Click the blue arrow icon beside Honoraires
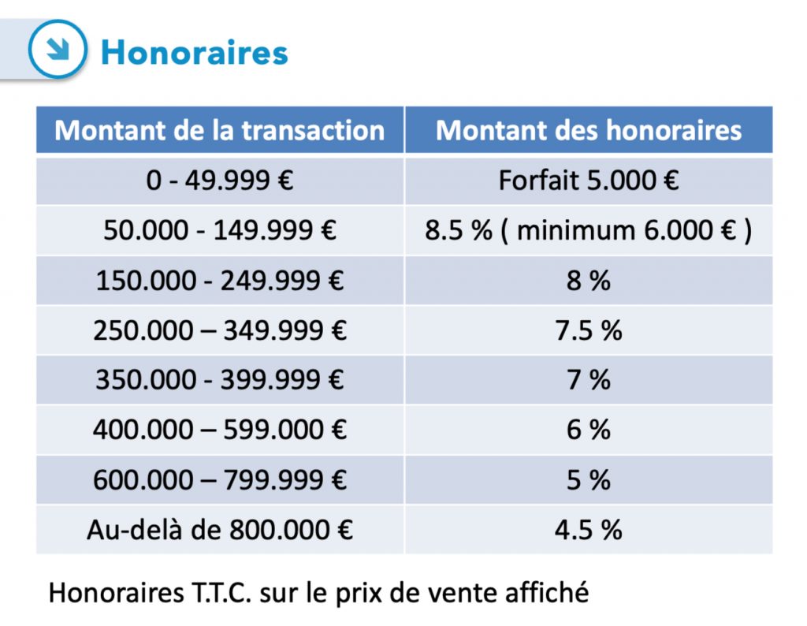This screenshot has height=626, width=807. coord(57,49)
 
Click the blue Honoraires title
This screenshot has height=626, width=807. coord(195,53)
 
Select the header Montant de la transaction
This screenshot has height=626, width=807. coord(220,130)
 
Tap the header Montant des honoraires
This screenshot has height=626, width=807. coord(589,130)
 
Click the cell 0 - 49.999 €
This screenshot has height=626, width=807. coord(220,181)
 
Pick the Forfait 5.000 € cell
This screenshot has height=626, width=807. coord(589,181)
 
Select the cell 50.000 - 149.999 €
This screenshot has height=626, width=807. coord(220,231)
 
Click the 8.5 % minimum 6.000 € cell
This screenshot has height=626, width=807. coord(589,231)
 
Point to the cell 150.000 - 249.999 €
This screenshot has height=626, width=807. coord(220,281)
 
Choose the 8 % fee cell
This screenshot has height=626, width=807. coord(589,281)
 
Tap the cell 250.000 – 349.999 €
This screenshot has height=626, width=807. coord(220,330)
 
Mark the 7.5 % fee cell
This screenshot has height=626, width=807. coord(589,330)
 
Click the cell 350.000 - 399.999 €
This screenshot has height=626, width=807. coord(220,380)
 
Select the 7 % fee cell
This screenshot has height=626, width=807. coord(589,380)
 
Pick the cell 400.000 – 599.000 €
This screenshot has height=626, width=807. coord(220,430)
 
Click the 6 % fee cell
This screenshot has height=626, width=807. coord(589,430)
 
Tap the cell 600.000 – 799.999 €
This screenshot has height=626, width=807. coord(220,479)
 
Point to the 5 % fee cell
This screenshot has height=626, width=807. coord(589,479)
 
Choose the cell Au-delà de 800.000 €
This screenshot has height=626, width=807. coord(220,529)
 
